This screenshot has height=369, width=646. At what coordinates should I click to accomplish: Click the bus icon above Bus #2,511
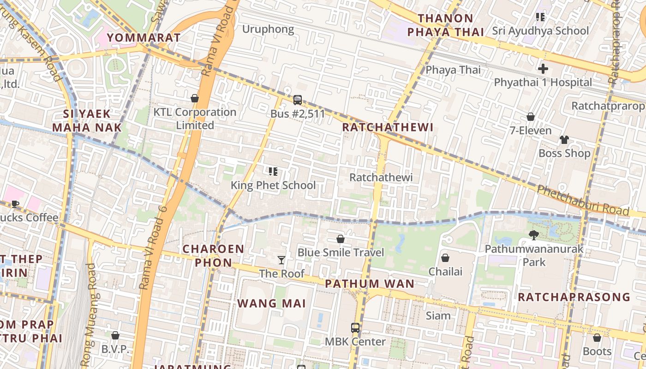point(298,100)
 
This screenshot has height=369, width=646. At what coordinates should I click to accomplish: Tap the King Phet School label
point(273,185)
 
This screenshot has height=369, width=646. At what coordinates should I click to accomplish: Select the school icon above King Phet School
point(273,172)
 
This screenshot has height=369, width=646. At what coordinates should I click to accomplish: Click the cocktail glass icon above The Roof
point(281,260)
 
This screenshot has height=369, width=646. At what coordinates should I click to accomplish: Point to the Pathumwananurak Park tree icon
point(534,235)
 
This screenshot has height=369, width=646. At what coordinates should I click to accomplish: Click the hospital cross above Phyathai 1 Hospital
point(543,69)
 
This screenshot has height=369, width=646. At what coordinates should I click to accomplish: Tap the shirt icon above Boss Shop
point(564,139)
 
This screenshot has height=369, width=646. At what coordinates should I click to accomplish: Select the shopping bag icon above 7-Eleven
point(531,117)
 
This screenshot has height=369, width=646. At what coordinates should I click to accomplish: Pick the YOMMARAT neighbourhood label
point(144,38)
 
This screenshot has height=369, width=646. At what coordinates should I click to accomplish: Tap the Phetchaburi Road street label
point(583,200)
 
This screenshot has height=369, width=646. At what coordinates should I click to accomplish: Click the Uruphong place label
point(268,30)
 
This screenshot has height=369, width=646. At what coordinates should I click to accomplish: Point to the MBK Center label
point(355,342)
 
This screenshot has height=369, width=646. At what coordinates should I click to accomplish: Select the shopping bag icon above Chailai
point(445,258)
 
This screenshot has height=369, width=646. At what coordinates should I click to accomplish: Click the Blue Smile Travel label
point(341,252)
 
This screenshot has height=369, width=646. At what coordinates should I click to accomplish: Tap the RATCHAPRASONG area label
point(574,297)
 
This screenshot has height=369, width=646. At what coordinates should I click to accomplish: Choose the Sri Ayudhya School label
point(540,31)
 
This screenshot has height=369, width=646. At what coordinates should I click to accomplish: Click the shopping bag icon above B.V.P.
point(115,335)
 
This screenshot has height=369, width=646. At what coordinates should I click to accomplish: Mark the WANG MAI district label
point(272,304)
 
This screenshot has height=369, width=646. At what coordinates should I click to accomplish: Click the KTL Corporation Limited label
point(195,119)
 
